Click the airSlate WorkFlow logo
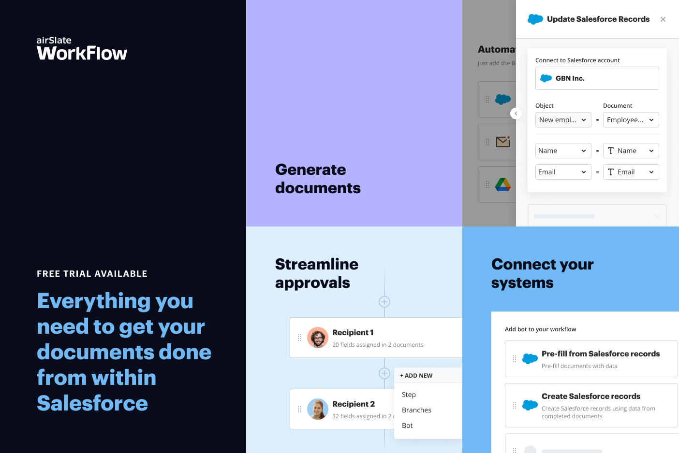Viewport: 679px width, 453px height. click(82, 49)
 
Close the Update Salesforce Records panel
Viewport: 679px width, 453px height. click(663, 19)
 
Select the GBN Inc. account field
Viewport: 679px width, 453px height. click(597, 78)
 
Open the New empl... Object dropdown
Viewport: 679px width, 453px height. click(563, 120)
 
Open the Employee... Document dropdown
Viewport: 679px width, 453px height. click(631, 120)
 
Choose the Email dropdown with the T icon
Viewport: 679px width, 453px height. click(631, 172)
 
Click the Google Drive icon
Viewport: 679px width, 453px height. click(503, 184)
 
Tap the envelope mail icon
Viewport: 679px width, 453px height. click(503, 142)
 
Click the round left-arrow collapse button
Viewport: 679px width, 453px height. click(516, 113)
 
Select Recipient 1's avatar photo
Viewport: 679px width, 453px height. click(318, 338)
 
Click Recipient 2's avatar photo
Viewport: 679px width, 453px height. click(318, 409)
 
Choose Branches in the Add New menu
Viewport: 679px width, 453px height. click(416, 410)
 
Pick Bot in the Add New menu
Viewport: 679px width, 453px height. click(407, 425)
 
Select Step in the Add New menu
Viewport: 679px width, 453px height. click(409, 395)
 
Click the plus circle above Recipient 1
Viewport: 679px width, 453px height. click(384, 302)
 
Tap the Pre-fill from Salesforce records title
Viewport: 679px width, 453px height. click(601, 354)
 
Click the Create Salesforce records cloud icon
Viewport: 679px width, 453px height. click(530, 405)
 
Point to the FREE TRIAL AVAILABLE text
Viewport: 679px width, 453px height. click(92, 274)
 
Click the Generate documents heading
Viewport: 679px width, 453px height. click(318, 179)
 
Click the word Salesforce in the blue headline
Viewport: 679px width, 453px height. click(92, 403)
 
